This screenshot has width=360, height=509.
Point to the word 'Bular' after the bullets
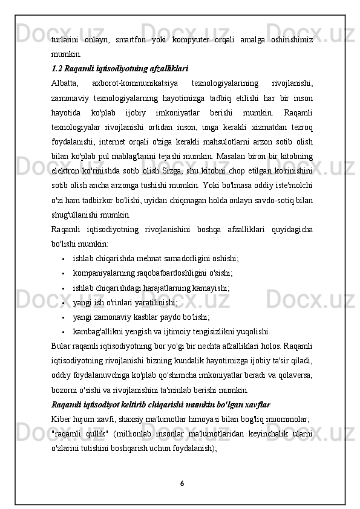[x=62, y=345]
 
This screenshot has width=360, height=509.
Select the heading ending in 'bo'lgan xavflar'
[x=161, y=403]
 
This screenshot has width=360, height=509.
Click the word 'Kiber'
[x=62, y=418]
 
